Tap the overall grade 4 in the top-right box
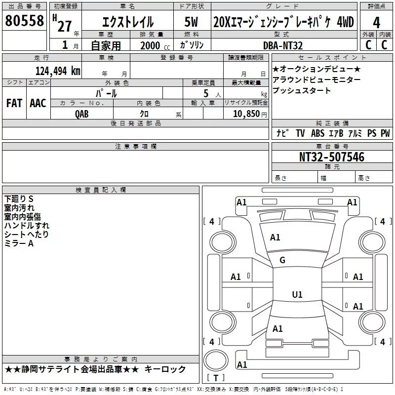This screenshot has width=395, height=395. click(x=377, y=23)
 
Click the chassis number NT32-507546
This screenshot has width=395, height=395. click(x=332, y=157)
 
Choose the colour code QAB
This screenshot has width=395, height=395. click(x=82, y=114)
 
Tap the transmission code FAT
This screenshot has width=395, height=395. click(x=14, y=103)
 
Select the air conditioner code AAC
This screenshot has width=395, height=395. click(x=38, y=103)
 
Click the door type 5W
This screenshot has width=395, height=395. click(x=192, y=22)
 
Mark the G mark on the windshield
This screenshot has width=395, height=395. click(x=282, y=260)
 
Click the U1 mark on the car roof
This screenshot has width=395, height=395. click(x=297, y=294)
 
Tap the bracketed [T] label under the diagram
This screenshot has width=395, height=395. click(x=215, y=378)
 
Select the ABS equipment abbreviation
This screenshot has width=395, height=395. click(x=318, y=133)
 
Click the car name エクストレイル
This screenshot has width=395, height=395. click(x=127, y=22)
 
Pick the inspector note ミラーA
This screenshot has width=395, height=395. click(x=19, y=243)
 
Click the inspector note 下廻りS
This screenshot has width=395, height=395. click(x=19, y=199)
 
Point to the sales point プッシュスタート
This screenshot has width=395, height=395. click(x=302, y=91)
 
